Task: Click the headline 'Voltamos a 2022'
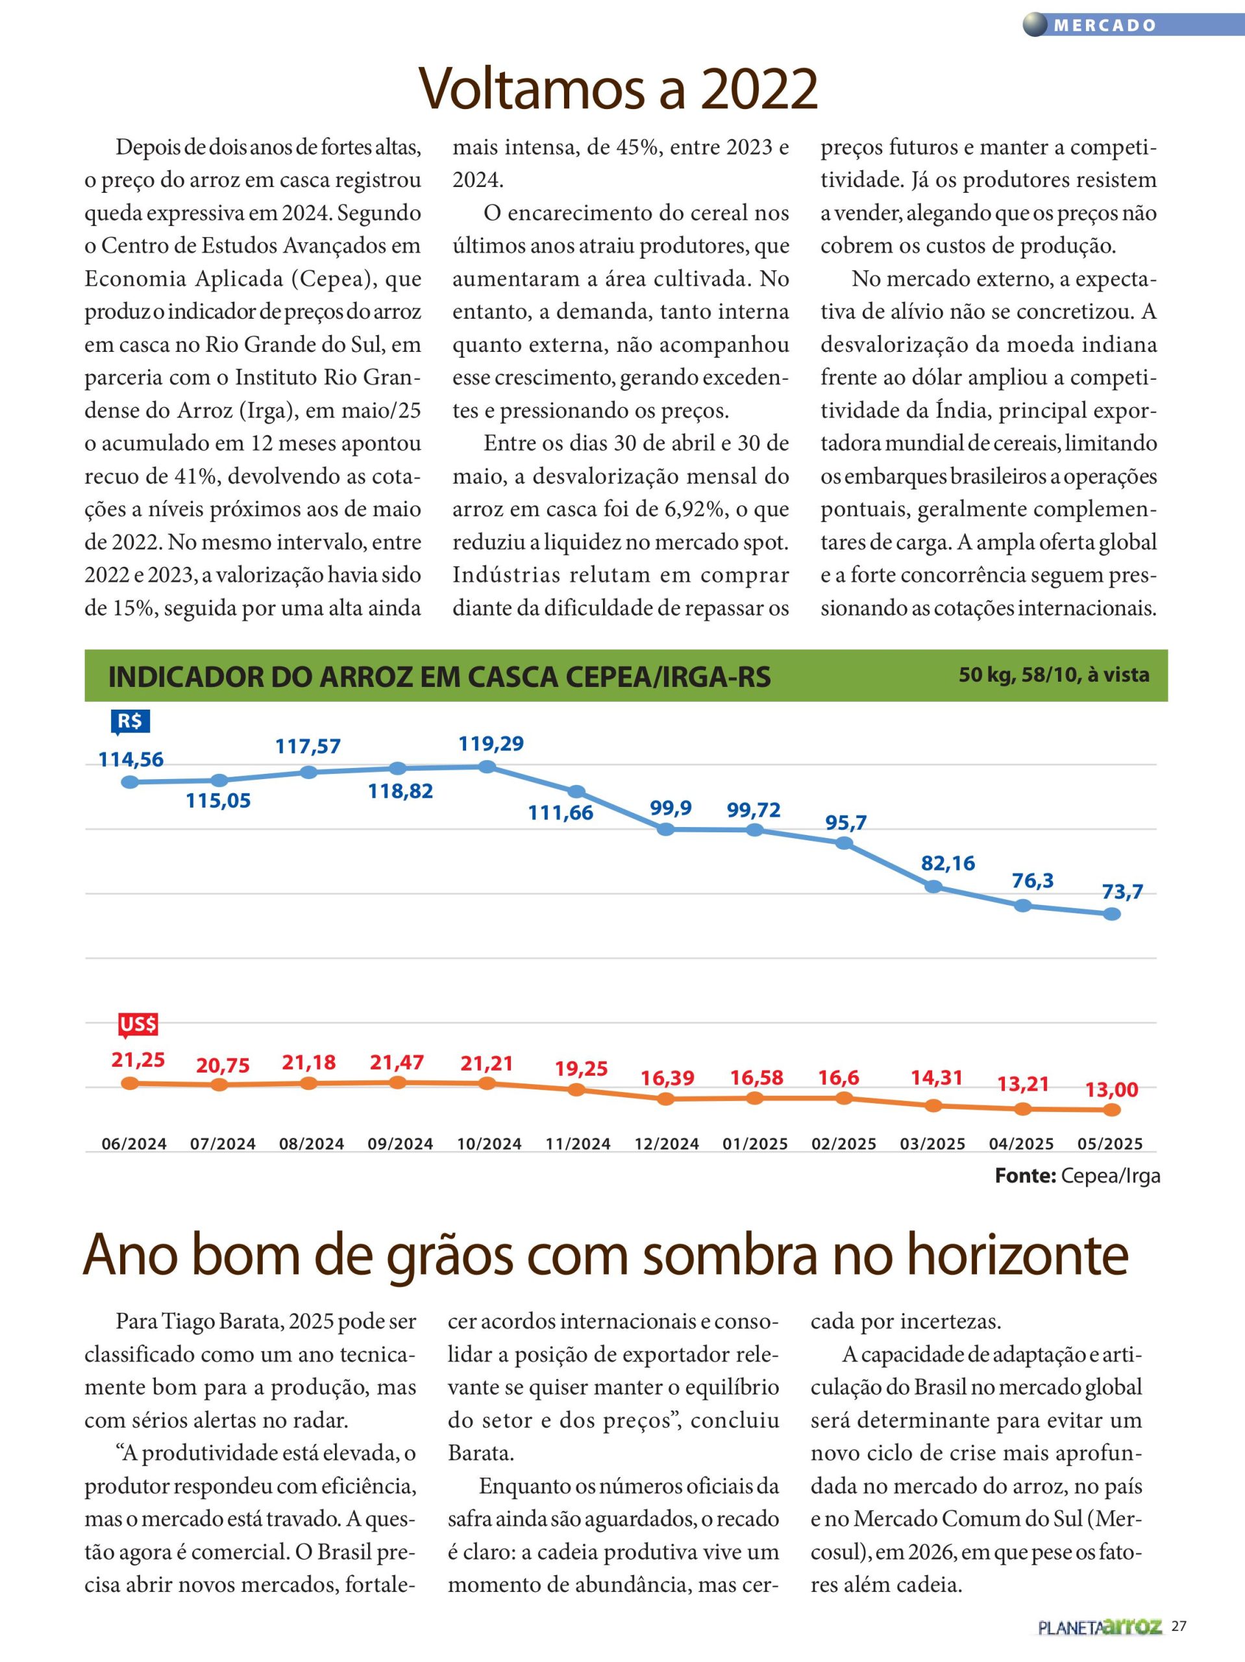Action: point(617,89)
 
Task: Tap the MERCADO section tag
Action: point(1105,25)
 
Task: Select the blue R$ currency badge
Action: point(129,721)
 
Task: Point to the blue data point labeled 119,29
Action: point(487,766)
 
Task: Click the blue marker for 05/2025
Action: point(1111,913)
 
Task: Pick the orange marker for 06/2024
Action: point(130,1083)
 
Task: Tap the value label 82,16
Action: point(948,863)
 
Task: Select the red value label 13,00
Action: point(1111,1089)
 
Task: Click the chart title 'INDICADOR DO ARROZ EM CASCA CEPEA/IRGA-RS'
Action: point(439,677)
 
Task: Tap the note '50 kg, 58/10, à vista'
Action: point(1054,675)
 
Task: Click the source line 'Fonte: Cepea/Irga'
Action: point(1078,1176)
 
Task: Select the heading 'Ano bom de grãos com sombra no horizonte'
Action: point(606,1255)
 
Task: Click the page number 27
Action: point(1179,1644)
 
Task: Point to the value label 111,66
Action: point(561,812)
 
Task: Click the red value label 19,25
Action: point(581,1069)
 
